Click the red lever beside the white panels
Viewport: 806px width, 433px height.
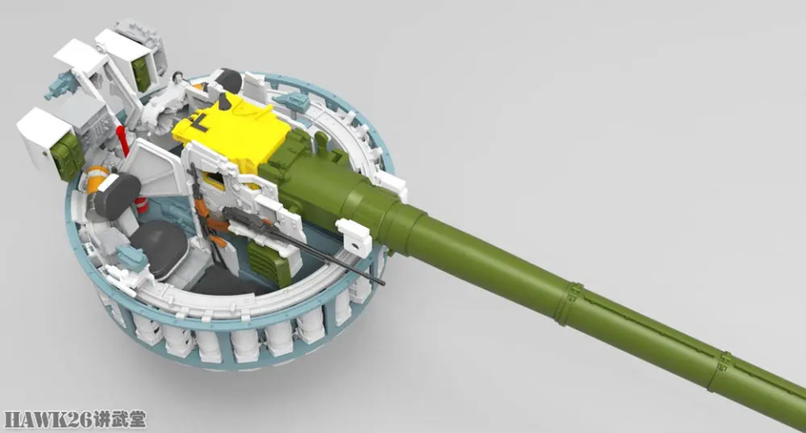click(x=123, y=140)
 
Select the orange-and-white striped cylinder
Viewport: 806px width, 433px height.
click(x=97, y=178)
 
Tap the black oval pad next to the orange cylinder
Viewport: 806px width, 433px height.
click(x=117, y=194)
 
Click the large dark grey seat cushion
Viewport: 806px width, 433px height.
click(x=159, y=249)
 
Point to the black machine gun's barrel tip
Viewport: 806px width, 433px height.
click(x=383, y=283)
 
